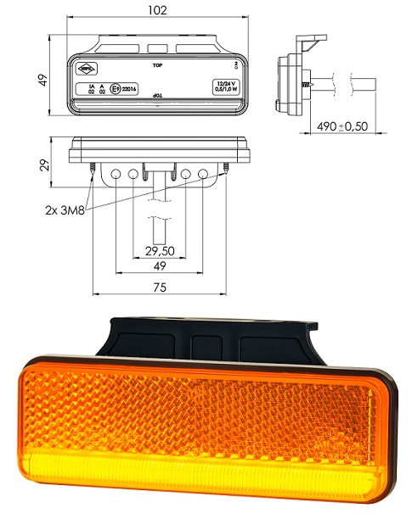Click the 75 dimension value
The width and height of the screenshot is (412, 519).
pos(159,287)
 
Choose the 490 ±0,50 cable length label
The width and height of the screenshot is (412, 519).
pos(341,126)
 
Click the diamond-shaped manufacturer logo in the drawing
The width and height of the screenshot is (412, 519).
pos(87,68)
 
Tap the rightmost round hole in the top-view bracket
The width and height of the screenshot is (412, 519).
pos(203,175)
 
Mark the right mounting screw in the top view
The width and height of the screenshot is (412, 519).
pos(227,170)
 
